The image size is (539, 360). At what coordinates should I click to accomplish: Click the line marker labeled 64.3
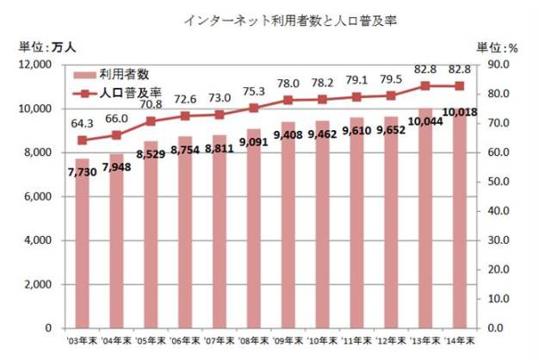(82, 140)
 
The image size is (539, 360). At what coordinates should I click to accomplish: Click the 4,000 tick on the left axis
(40, 240)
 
